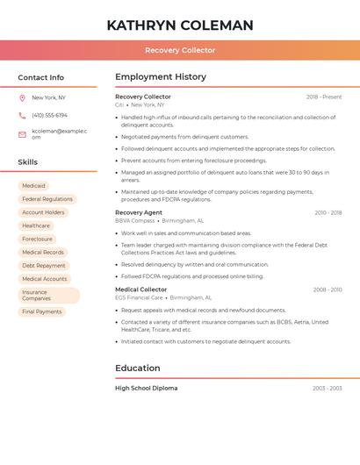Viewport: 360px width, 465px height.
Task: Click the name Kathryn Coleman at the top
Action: click(x=180, y=25)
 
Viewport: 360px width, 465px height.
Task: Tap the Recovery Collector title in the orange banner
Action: click(x=180, y=50)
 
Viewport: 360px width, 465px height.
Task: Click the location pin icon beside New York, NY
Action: click(x=22, y=97)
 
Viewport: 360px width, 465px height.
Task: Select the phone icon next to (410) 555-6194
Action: click(x=22, y=115)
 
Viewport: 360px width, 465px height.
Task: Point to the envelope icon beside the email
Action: click(x=22, y=134)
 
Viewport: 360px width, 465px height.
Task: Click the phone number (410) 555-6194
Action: click(x=49, y=115)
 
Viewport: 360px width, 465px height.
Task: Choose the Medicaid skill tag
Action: click(x=33, y=186)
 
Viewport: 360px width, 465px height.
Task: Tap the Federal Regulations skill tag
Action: click(x=47, y=199)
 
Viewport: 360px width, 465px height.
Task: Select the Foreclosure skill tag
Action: click(x=38, y=239)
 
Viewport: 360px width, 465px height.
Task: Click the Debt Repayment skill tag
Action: click(x=44, y=265)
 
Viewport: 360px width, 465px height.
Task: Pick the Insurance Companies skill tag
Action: click(x=48, y=296)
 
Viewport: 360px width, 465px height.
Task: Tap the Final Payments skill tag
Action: click(x=42, y=311)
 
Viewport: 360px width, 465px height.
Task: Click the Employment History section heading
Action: click(x=161, y=77)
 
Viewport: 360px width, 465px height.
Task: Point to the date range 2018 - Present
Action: click(x=324, y=97)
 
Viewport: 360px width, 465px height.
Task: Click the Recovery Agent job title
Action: click(x=139, y=212)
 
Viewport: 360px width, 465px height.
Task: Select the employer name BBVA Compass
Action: click(x=135, y=221)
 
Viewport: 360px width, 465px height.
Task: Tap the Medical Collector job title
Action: click(x=140, y=290)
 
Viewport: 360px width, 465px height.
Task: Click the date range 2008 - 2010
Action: click(x=328, y=290)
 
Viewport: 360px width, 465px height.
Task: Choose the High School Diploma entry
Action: click(x=146, y=388)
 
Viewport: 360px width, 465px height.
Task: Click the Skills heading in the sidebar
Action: click(x=28, y=162)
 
